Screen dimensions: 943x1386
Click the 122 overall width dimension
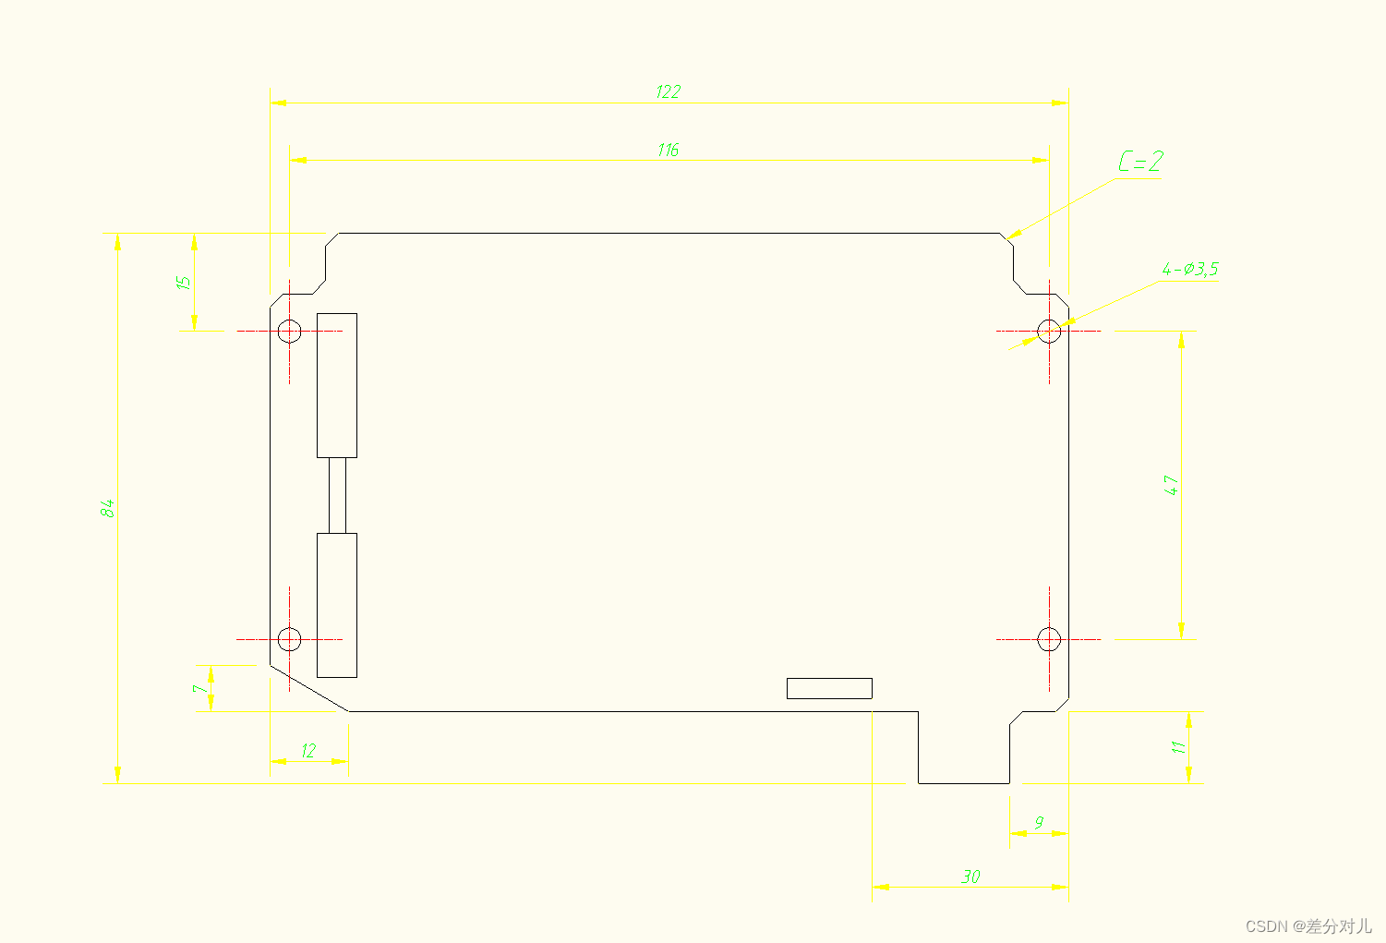(x=668, y=91)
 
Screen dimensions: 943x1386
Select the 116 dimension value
(x=668, y=150)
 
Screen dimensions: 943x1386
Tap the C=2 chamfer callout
(x=1140, y=163)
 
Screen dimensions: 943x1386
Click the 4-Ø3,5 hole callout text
(x=1190, y=270)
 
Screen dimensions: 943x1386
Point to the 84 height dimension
(x=108, y=508)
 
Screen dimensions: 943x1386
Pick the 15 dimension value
(x=185, y=283)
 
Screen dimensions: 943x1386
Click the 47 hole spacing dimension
(x=1171, y=485)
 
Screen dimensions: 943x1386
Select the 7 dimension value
(x=199, y=689)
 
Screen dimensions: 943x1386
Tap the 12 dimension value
(x=308, y=751)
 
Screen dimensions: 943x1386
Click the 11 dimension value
(x=1178, y=747)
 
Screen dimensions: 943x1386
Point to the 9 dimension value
(x=1039, y=822)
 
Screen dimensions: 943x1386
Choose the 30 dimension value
(x=970, y=876)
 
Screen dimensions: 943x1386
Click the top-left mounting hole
(x=289, y=331)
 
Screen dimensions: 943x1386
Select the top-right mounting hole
(x=1049, y=331)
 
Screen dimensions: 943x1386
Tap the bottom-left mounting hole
(x=289, y=638)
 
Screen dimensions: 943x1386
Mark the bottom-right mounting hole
(x=1049, y=638)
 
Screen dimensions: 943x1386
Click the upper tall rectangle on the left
(x=337, y=385)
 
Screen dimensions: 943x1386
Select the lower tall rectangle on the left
(x=337, y=605)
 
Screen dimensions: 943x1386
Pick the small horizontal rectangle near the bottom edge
(x=829, y=688)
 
